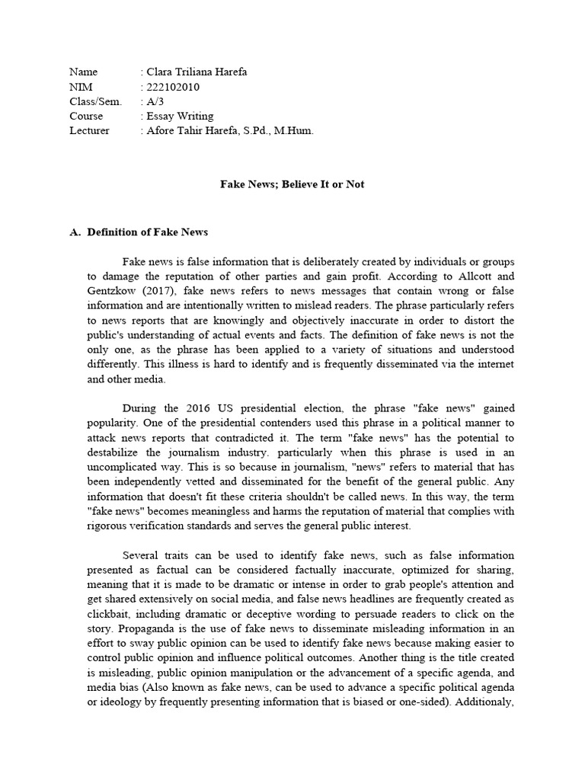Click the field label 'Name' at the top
pyautogui.click(x=83, y=72)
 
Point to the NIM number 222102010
pyautogui.click(x=173, y=87)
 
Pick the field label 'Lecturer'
pyautogui.click(x=89, y=130)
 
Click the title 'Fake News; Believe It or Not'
pyautogui.click(x=292, y=184)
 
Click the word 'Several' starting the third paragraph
pyautogui.click(x=140, y=555)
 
